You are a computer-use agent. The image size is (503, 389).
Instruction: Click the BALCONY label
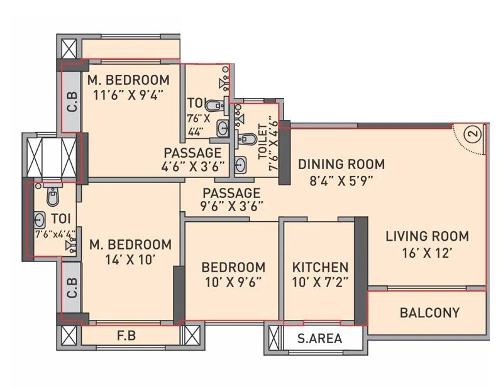[x=429, y=312]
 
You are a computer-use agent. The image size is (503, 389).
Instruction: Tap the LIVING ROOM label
[x=427, y=236]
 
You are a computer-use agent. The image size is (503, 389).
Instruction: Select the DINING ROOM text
[x=341, y=165]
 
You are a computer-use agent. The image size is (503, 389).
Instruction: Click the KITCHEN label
[x=320, y=266]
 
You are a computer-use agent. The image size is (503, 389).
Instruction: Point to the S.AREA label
[x=320, y=339]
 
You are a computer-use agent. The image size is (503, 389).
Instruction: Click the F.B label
[x=126, y=335]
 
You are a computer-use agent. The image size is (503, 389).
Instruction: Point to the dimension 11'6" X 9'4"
[x=128, y=96]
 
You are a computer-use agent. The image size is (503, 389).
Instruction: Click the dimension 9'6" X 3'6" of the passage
[x=232, y=205]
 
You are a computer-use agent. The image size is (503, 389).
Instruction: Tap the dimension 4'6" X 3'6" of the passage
[x=193, y=167]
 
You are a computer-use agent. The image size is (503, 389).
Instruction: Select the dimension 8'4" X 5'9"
[x=341, y=181]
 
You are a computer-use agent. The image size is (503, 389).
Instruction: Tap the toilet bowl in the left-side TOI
[x=52, y=197]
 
